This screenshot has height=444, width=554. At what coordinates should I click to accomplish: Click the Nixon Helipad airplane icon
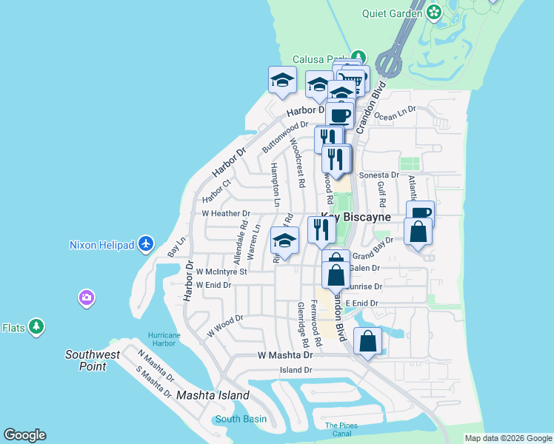click(145, 243)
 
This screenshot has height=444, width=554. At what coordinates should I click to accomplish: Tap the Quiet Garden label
click(390, 13)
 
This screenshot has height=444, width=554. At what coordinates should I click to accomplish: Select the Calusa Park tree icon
click(359, 57)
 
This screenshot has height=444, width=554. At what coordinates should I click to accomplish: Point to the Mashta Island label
click(213, 395)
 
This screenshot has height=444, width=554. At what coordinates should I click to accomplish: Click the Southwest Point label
click(92, 360)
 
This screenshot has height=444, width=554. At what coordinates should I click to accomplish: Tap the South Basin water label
click(240, 419)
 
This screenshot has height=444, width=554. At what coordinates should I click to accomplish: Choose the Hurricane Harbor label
click(164, 338)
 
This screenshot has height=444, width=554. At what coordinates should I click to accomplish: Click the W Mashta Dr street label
click(285, 355)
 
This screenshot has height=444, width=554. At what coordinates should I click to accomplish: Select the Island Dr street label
click(296, 369)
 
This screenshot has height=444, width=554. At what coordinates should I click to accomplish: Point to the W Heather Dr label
click(226, 213)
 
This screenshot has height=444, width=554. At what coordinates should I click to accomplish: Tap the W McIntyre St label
click(221, 272)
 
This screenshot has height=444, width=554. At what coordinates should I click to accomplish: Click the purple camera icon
click(87, 297)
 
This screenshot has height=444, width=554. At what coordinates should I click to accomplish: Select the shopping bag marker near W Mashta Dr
click(367, 341)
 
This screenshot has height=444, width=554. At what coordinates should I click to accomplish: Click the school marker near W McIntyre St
click(284, 240)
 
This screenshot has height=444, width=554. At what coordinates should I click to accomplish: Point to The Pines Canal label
click(341, 428)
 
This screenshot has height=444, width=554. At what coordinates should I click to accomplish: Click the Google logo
click(24, 435)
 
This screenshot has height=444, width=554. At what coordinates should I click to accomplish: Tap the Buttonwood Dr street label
click(284, 136)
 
